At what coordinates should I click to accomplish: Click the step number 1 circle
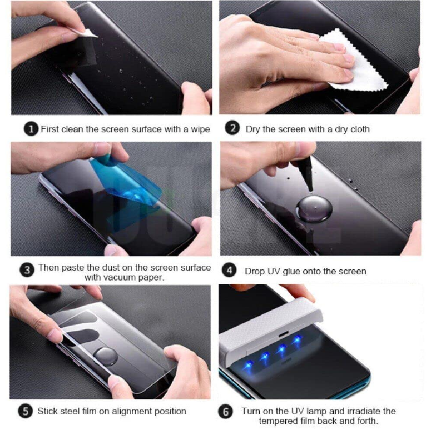(31, 129)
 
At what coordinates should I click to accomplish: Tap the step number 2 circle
(232, 128)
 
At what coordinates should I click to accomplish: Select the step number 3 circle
(27, 269)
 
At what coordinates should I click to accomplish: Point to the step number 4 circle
(229, 270)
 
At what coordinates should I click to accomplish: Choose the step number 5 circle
(25, 411)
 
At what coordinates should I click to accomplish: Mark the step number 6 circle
(226, 412)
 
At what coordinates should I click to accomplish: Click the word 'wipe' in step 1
(200, 129)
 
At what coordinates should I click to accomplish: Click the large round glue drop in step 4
(314, 209)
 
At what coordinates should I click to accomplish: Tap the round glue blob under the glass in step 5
(106, 357)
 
